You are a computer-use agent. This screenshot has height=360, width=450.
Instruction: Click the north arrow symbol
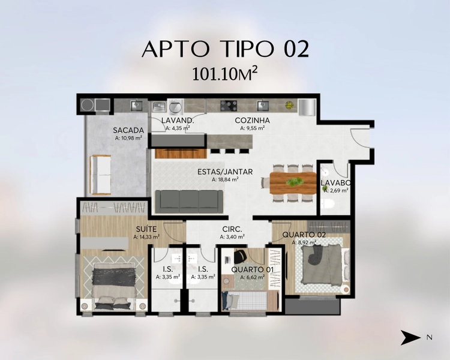[410, 338]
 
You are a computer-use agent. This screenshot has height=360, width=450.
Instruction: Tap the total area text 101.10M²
[224, 74]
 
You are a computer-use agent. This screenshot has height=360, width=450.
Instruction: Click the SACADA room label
[128, 130]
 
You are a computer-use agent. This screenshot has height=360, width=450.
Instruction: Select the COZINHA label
[252, 120]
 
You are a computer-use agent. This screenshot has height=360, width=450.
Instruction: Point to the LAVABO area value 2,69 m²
[336, 190]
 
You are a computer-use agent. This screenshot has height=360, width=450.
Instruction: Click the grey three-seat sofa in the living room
[189, 202]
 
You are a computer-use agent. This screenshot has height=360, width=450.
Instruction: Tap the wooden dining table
[293, 183]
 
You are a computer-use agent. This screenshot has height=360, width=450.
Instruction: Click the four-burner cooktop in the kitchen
[229, 106]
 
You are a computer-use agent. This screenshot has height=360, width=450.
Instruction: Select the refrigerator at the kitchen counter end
[307, 107]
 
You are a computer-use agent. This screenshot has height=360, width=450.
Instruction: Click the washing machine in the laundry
[175, 106]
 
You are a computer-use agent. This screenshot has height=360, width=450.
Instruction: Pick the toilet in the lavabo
[328, 204]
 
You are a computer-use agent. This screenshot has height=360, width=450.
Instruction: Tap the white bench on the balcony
[100, 175]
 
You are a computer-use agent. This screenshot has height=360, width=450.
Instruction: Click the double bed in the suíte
[114, 287]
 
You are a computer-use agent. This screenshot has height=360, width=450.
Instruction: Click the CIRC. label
[232, 229]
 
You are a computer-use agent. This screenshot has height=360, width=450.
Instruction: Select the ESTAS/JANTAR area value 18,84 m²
[225, 180]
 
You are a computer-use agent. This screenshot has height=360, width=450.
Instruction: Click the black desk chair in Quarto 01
[239, 256]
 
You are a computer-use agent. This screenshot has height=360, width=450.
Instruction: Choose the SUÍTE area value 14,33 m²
[146, 237]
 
